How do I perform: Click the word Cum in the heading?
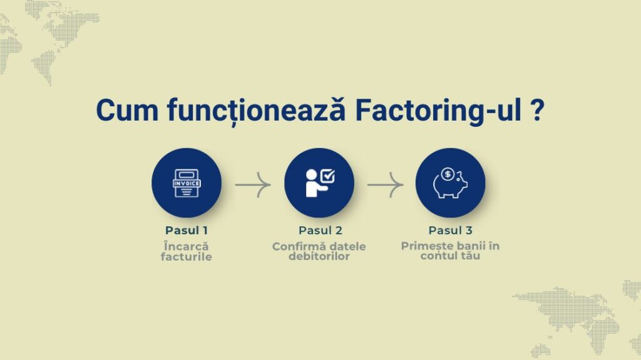[127, 110]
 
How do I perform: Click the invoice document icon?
[187, 183]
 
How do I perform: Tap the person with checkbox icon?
[320, 183]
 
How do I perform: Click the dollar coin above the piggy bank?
[448, 174]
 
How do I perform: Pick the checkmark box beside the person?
[328, 176]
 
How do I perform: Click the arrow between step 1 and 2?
[253, 185]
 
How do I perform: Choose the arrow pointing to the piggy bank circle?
[386, 185]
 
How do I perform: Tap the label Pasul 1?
[187, 231]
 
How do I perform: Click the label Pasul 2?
[320, 231]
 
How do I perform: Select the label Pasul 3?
[450, 231]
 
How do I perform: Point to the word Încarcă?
[187, 246]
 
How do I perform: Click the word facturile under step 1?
[187, 257]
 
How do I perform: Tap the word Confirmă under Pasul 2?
[299, 246]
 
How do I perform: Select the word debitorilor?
[319, 256]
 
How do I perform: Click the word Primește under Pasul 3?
[428, 246]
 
